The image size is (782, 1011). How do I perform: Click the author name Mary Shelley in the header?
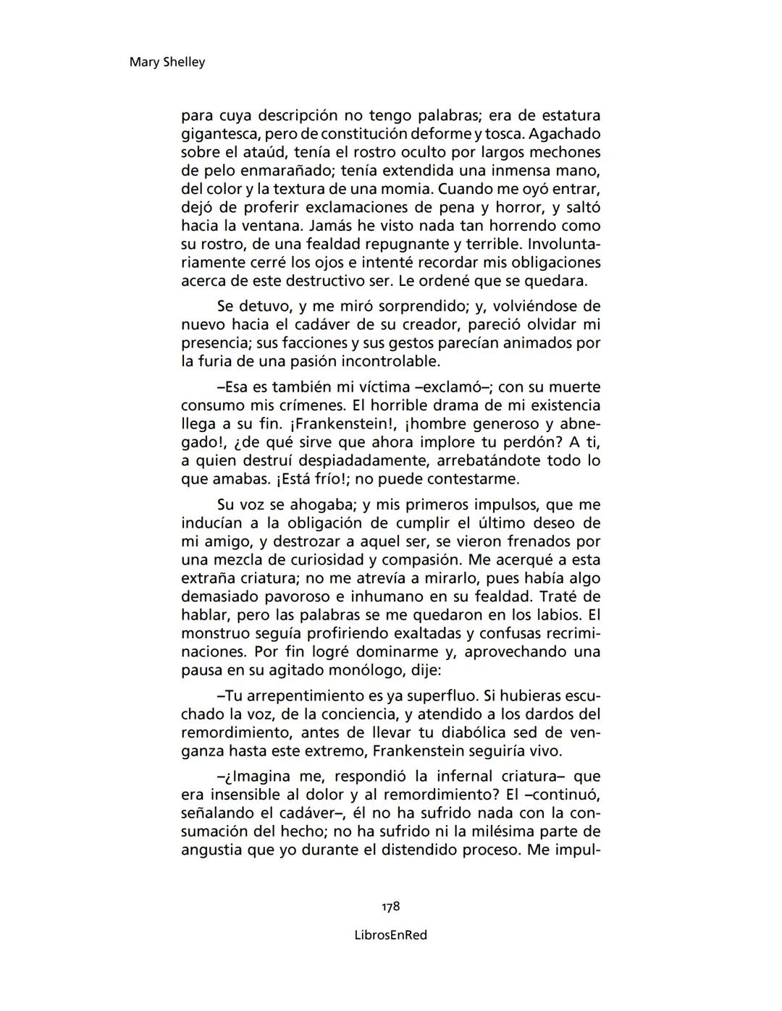(167, 62)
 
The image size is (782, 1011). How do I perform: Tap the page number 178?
(391, 907)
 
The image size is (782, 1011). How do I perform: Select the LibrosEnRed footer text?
(391, 935)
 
